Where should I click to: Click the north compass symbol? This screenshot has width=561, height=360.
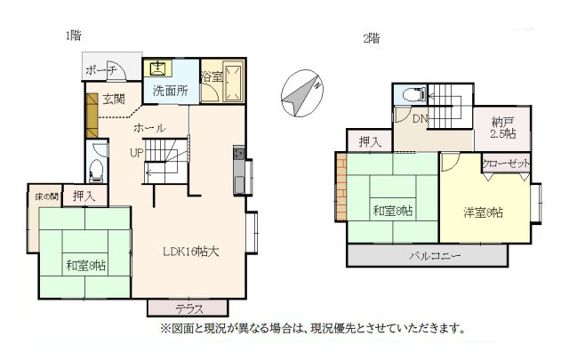pyautogui.click(x=302, y=93)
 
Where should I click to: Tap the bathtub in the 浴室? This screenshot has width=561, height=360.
pyautogui.click(x=233, y=82)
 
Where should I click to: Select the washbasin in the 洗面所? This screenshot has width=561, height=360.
pyautogui.click(x=157, y=68)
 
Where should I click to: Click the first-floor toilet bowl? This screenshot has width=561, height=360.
pyautogui.click(x=96, y=171)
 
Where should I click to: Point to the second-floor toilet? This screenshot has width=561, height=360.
pyautogui.click(x=414, y=94)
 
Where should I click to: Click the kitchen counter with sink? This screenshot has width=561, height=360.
pyautogui.click(x=239, y=170)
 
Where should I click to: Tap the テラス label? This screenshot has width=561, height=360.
pyautogui.click(x=189, y=308)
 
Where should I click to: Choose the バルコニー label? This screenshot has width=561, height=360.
pyautogui.click(x=435, y=256)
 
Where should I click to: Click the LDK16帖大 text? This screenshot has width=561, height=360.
pyautogui.click(x=190, y=252)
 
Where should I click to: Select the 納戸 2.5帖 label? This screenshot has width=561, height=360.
pyautogui.click(x=503, y=128)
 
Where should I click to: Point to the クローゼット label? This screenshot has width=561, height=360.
pyautogui.click(x=506, y=164)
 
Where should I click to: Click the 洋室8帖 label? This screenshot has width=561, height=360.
pyautogui.click(x=483, y=212)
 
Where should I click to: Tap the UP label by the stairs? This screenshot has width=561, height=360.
pyautogui.click(x=137, y=153)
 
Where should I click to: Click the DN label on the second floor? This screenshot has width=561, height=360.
pyautogui.click(x=420, y=119)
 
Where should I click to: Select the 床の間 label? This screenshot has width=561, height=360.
pyautogui.click(x=46, y=196)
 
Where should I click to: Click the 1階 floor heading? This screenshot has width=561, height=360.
pyautogui.click(x=73, y=36)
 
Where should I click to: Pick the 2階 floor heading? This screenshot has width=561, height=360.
pyautogui.click(x=372, y=38)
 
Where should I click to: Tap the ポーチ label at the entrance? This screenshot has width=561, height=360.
pyautogui.click(x=101, y=69)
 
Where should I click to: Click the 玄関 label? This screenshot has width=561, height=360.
pyautogui.click(x=114, y=99)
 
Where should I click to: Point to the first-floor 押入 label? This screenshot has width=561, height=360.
pyautogui.click(x=84, y=196)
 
